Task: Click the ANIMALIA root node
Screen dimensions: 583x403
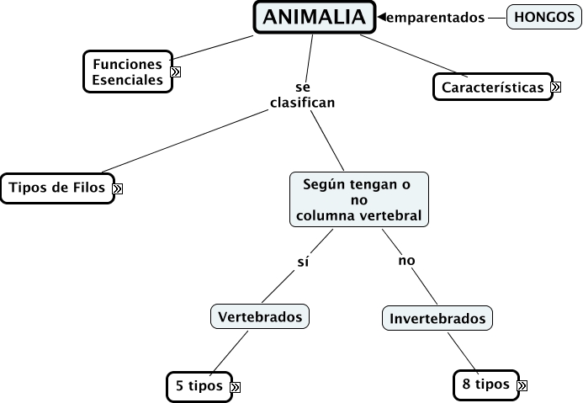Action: point(315,18)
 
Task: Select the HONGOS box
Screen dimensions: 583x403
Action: point(544,17)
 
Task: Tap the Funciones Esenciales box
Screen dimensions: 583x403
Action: point(128,72)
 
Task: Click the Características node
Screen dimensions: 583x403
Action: point(493,87)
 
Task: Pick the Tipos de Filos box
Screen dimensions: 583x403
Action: point(57,188)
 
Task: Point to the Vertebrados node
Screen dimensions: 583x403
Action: point(260,316)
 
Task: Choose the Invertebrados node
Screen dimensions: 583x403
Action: point(437,318)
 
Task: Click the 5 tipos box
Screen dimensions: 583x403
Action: point(199,386)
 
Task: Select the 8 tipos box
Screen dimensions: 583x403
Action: point(486,384)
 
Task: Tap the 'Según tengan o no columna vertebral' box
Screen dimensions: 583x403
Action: point(359,199)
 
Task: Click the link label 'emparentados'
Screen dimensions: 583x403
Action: point(436,18)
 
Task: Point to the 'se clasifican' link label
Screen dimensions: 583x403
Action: point(303,95)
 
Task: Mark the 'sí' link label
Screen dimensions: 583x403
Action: point(303,262)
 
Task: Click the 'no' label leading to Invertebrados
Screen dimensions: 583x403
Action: point(406,261)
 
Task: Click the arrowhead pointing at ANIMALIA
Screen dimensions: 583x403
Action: point(381,17)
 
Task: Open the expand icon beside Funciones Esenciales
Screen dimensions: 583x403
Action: point(176,72)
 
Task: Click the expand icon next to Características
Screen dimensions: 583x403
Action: point(556,87)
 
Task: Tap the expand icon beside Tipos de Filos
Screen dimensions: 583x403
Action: point(118,188)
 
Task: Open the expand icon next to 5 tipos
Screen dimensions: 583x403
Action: point(235,387)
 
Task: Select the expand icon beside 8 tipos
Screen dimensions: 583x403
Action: point(522,386)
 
